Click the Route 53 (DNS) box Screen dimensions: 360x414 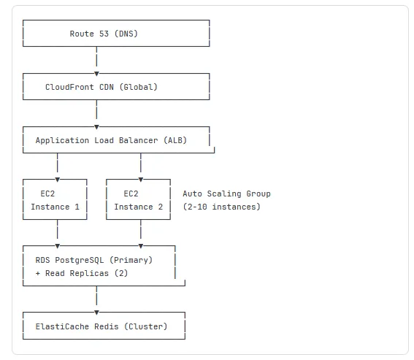pos(116,34)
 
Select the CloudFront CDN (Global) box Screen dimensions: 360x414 pos(116,87)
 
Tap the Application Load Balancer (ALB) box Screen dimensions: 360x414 pos(116,139)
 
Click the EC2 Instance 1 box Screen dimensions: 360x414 pos(55,200)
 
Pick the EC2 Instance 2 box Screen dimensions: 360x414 pos(138,200)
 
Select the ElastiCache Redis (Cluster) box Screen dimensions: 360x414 pos(102,326)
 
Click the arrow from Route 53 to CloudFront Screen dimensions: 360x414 pos(96,61)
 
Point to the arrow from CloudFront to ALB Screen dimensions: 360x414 pos(96,113)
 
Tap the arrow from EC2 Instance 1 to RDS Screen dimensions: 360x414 pos(57,233)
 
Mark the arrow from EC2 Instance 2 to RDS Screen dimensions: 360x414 pos(140,233)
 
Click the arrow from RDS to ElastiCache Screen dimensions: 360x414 pos(96,299)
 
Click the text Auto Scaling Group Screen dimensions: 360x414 pos(226,194)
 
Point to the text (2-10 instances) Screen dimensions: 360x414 pos(221,207)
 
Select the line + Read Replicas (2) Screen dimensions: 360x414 pos(82,272)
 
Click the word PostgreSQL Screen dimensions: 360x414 pos(80,259)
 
